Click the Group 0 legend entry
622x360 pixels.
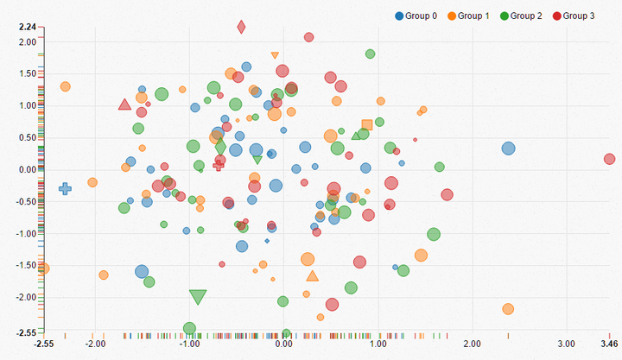tap(416, 16)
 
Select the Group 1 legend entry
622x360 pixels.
tap(470, 16)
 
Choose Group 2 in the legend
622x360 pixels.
tap(524, 16)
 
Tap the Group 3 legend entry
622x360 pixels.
tap(575, 16)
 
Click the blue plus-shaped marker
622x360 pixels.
tap(65, 188)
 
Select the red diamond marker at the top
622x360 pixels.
tap(241, 27)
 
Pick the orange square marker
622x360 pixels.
tap(367, 125)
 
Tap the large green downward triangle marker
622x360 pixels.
tap(198, 297)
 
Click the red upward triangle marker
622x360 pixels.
tap(124, 105)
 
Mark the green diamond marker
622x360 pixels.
tap(220, 148)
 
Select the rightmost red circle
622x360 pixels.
tap(609, 159)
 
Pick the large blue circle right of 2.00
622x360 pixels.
tap(508, 148)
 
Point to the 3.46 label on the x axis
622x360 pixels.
tap(609, 344)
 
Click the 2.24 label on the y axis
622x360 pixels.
tap(27, 27)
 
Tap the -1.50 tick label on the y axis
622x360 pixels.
tap(26, 265)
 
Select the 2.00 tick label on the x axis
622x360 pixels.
tap(472, 344)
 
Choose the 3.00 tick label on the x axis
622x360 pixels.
tap(566, 344)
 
